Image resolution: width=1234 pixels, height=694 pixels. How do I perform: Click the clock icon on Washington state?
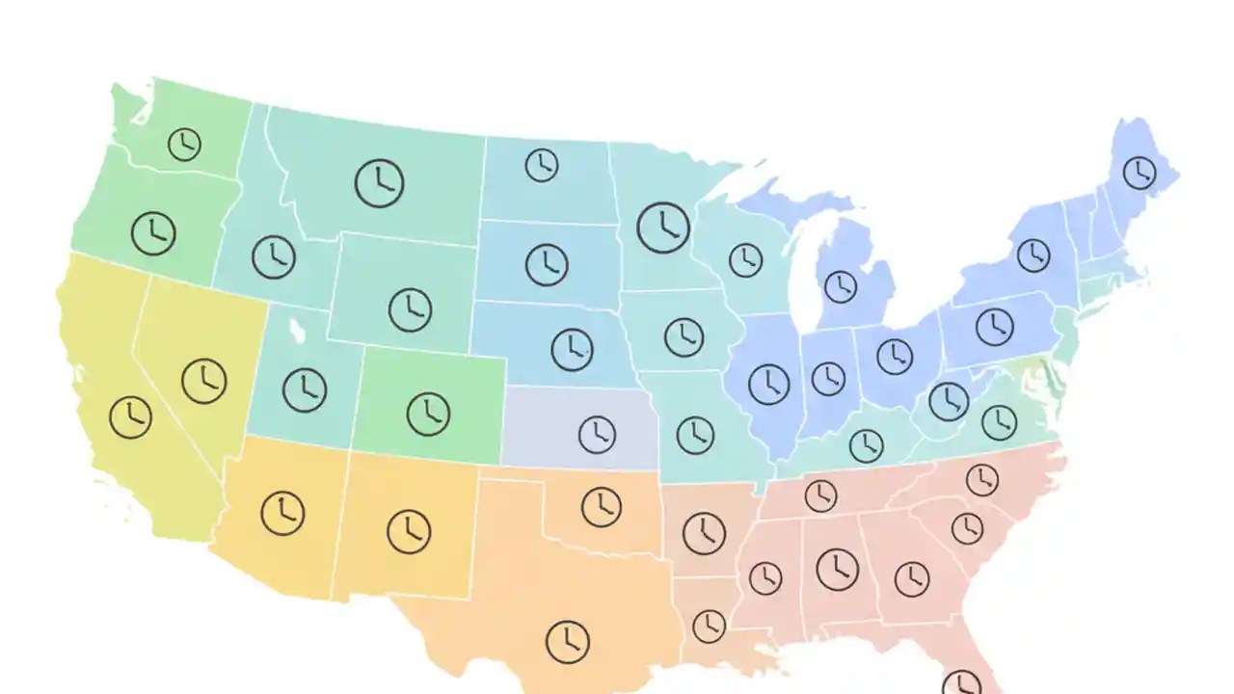184,145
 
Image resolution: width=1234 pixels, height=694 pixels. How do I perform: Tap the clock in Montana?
379,182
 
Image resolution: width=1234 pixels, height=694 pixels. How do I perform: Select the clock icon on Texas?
567,641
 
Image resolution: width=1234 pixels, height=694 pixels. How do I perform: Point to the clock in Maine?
1140,173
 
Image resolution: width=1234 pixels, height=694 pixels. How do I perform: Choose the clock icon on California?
130,417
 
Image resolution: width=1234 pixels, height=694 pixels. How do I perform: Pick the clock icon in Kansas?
597,435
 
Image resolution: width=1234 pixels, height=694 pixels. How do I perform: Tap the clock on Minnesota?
663,227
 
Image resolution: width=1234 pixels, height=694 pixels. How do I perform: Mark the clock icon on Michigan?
840,286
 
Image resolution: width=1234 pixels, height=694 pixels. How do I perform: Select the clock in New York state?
1033,255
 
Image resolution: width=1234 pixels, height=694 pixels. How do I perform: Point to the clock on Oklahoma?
601,507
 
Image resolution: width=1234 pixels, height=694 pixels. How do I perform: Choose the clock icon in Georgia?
911,578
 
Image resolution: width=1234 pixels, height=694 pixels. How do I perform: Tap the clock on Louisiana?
709,626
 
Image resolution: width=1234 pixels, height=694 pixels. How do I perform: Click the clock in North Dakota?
542,165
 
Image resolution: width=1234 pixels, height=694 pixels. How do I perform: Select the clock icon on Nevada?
203,381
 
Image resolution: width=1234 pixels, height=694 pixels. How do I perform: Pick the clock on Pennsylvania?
994,327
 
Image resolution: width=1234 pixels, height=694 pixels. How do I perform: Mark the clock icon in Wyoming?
410,310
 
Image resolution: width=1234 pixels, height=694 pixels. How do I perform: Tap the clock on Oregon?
153,232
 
